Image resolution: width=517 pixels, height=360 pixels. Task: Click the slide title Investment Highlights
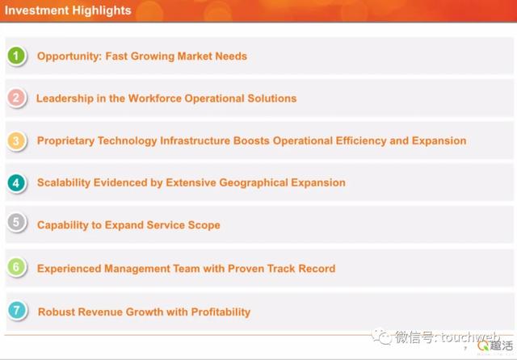pos(68,10)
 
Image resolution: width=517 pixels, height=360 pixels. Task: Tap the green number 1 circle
pos(16,56)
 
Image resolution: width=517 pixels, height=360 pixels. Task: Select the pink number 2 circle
pos(16,98)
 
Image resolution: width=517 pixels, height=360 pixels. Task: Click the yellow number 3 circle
pos(16,140)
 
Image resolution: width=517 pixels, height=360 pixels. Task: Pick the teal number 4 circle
pos(16,182)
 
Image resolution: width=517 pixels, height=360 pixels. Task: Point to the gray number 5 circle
pos(16,222)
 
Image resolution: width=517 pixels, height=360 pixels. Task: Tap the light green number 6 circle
pos(16,266)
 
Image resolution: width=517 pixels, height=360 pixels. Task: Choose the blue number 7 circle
pos(17,310)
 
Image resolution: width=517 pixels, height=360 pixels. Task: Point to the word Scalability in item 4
pos(64,182)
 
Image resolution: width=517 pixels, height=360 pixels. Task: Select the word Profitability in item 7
pos(221,312)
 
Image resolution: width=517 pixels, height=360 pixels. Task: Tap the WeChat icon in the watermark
pos(382,336)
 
